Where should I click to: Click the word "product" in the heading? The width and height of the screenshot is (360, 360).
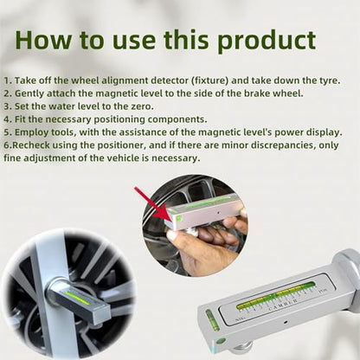[267, 41]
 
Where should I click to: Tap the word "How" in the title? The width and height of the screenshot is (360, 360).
[42, 40]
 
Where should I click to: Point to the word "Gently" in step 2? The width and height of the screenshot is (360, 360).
[29, 93]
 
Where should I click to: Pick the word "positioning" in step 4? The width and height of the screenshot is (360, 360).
[119, 119]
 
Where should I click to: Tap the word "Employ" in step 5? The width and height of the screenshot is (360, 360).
[31, 132]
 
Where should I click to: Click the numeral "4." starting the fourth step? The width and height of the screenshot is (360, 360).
[8, 119]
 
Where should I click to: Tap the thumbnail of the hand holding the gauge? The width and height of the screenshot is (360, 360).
[196, 225]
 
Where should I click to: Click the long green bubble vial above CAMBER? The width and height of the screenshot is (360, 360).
[276, 294]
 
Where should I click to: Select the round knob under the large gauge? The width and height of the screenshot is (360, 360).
[242, 348]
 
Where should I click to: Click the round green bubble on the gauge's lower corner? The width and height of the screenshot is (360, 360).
[221, 341]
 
